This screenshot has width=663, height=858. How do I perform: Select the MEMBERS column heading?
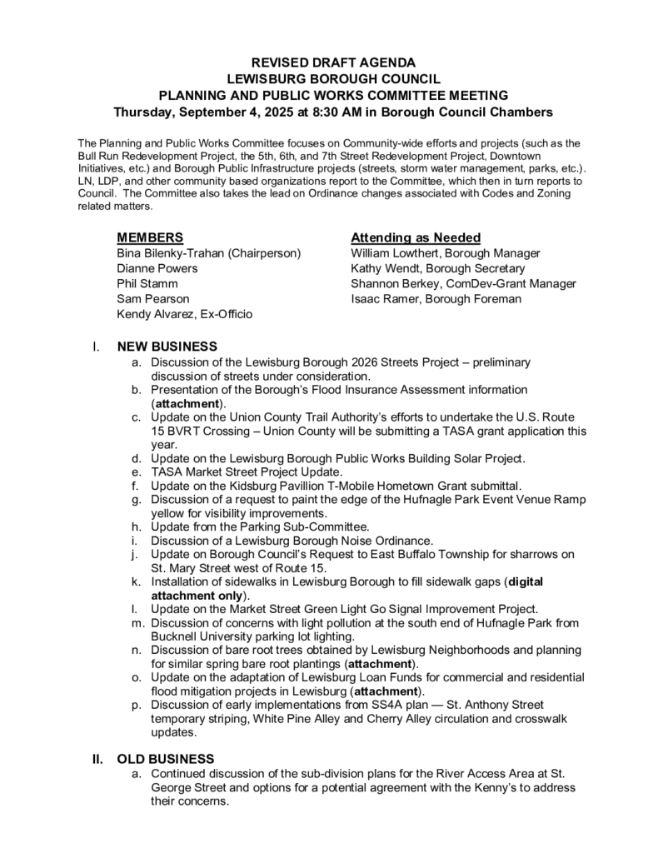pos(151,237)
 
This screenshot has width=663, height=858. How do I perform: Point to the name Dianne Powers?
pos(157,268)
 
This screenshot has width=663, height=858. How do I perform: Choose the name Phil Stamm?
pos(147,283)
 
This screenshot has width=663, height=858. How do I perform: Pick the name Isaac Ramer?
pos(385,298)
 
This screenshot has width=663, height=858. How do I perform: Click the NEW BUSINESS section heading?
pos(167,347)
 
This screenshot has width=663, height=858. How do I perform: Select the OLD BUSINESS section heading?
pos(166,759)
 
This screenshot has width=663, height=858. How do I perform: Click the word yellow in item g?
pos(168,514)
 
